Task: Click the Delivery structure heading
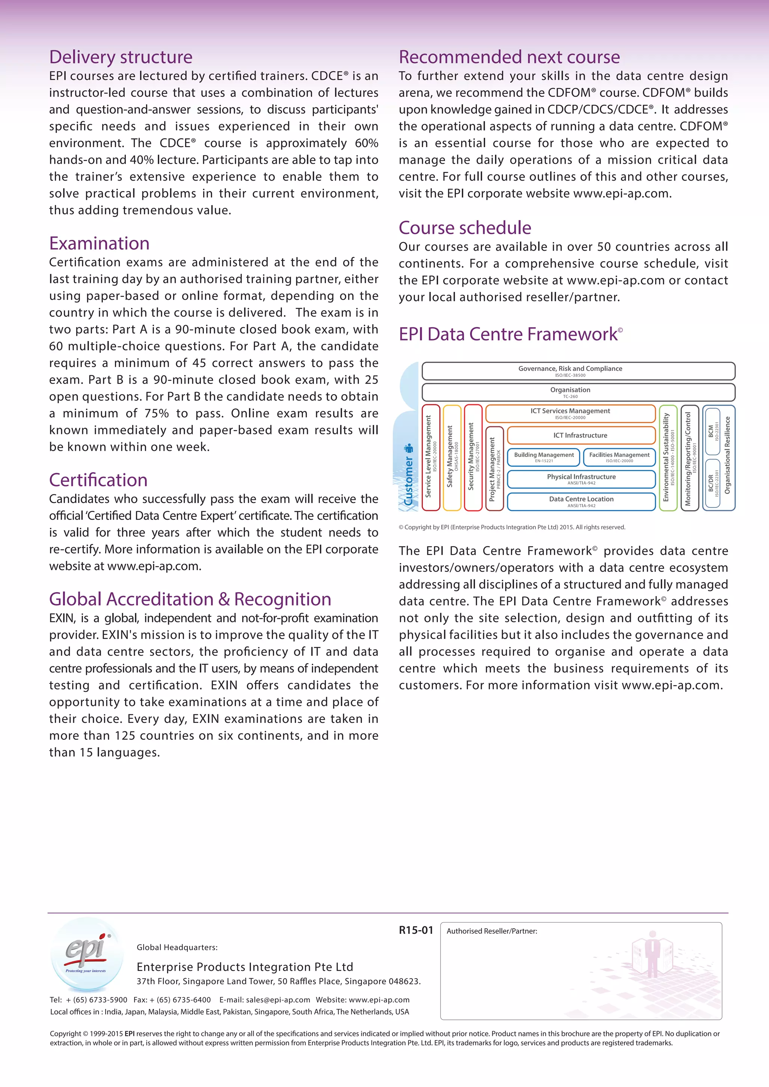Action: point(121,57)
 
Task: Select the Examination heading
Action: point(100,243)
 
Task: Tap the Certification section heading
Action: point(98,480)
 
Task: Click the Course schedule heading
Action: point(464,228)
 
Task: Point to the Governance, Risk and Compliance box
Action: point(578,371)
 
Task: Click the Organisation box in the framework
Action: point(578,392)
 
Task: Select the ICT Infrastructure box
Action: point(581,435)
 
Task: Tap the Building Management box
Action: point(544,457)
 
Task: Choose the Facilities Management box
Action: point(619,457)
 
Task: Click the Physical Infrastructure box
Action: point(581,479)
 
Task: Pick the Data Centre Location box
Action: point(581,501)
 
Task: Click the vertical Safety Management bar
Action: point(452,457)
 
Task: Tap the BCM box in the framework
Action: point(712,431)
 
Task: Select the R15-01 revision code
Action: point(416,930)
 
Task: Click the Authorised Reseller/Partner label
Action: point(492,931)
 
